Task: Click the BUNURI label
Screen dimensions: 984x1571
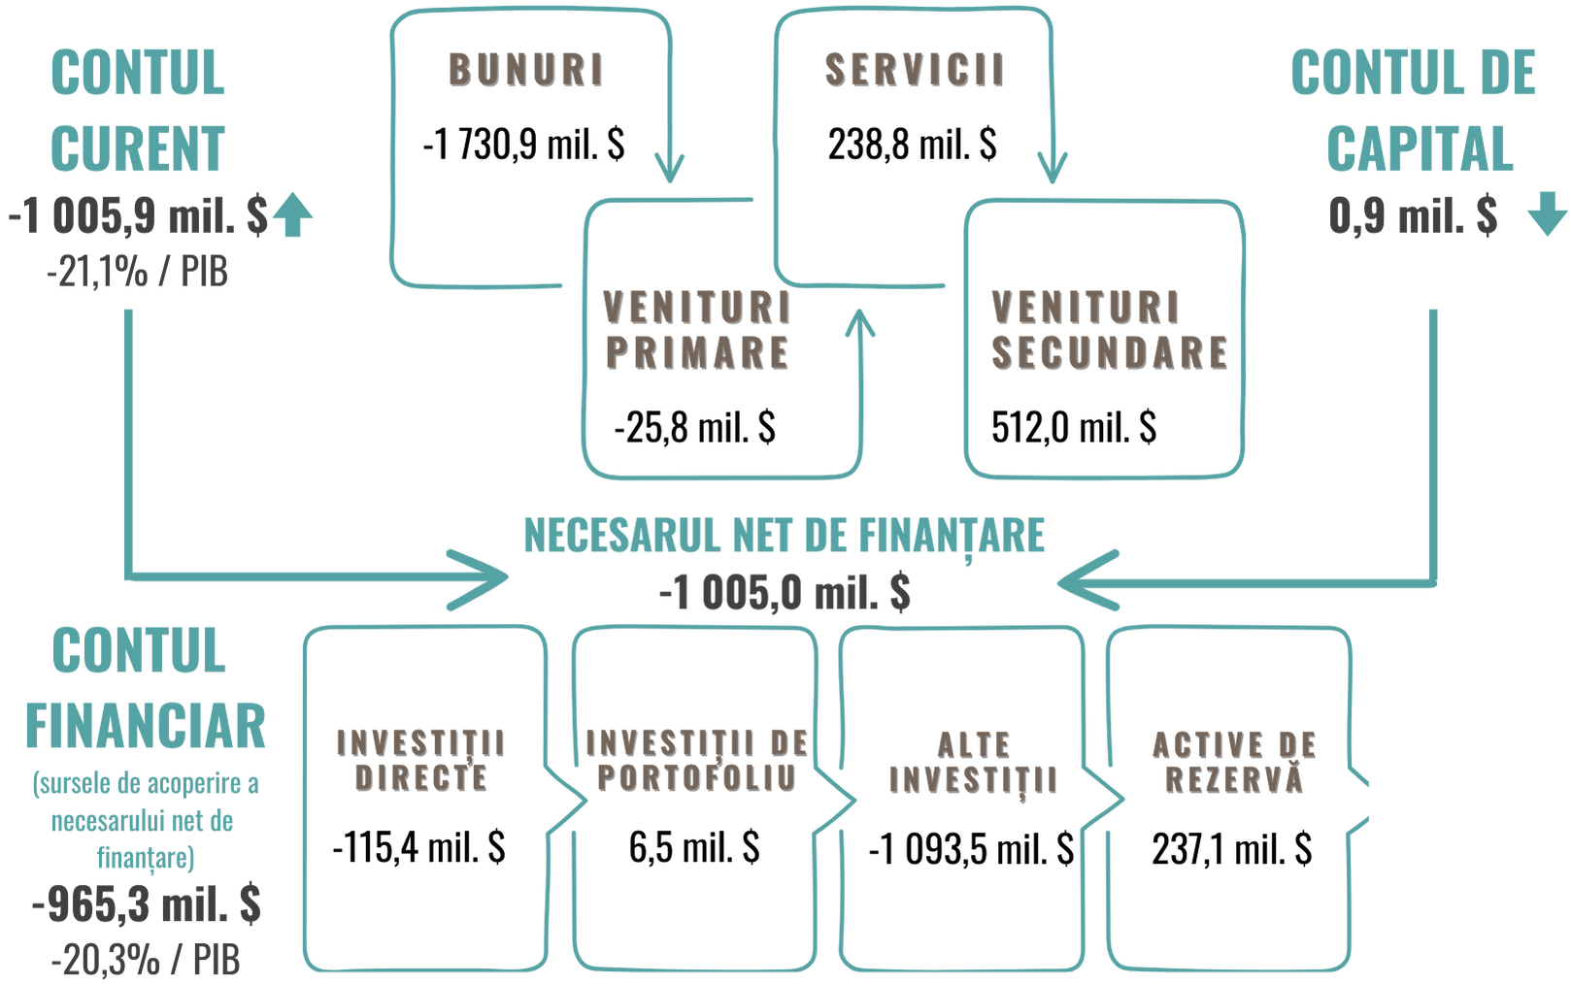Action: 525,69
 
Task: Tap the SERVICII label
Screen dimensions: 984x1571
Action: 913,69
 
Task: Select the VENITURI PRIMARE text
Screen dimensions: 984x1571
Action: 696,330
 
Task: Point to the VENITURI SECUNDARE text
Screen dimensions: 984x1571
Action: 1108,330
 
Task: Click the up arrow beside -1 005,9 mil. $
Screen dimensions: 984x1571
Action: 292,216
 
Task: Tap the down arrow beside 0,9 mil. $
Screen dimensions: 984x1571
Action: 1547,215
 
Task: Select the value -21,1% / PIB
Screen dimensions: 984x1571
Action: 138,273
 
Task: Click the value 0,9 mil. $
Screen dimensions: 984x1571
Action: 1413,215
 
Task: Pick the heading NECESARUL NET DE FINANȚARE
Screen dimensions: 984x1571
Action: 785,535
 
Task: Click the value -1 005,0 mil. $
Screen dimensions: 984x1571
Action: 785,592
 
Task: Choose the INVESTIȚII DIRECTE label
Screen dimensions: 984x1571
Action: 420,760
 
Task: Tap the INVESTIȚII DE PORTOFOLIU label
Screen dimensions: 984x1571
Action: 696,760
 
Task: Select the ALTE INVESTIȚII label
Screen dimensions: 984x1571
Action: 972,761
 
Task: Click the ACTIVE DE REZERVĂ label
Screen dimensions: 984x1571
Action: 1234,761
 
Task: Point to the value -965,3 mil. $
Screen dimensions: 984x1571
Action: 147,905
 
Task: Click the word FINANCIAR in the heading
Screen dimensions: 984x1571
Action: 146,726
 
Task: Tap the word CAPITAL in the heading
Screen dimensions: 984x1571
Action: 1419,148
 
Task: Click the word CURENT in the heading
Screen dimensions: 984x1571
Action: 138,148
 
